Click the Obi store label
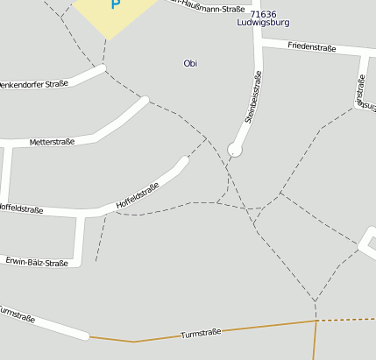coord(190,63)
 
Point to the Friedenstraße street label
coord(311,48)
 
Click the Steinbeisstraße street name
coord(253,97)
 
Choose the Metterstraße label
coord(52,141)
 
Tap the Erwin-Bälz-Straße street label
coord(36,262)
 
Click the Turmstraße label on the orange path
coord(201,333)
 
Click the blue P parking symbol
coord(115,4)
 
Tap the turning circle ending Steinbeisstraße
coord(234,150)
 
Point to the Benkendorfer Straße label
coord(34,84)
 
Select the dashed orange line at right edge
coord(347,320)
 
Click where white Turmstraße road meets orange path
coord(89,335)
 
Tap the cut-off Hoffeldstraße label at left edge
coord(21,208)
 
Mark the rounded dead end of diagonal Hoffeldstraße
coord(184,160)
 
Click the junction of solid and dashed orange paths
coord(316,321)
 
